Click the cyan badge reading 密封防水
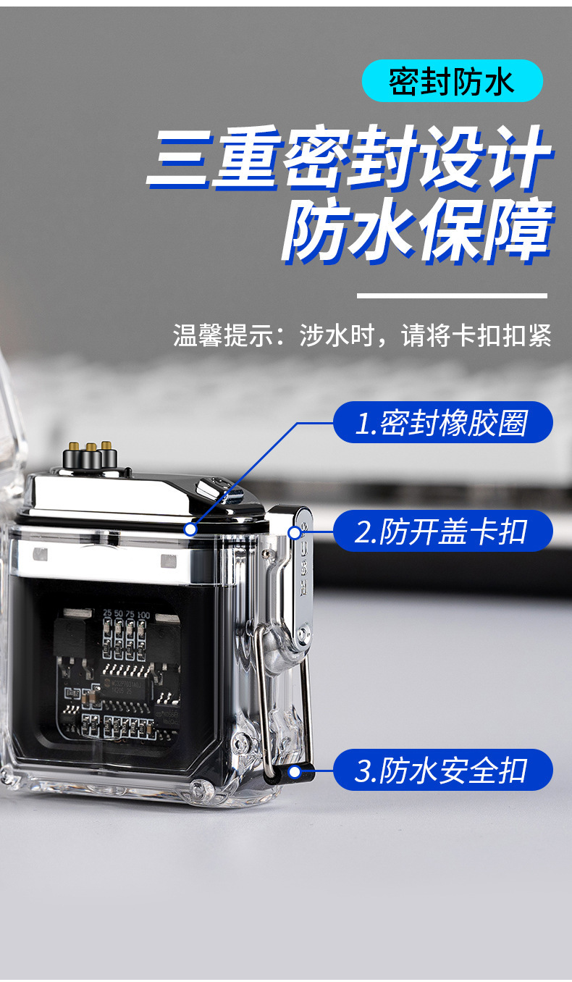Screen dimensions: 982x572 pos(452,81)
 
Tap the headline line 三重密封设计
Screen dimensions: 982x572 pos(349,159)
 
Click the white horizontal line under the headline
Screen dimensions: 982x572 pos(452,295)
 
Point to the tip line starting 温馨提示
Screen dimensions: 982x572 pos(362,335)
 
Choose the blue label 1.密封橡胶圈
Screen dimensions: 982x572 pos(442,423)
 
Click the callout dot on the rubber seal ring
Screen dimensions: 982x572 pos(190,529)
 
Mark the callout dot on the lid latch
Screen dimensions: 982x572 pos(295,533)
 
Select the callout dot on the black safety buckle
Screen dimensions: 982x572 pos(294,772)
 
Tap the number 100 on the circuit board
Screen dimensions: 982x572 pos(143,613)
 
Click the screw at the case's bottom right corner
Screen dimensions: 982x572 pos(197,786)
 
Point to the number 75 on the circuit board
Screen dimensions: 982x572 pos(130,613)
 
